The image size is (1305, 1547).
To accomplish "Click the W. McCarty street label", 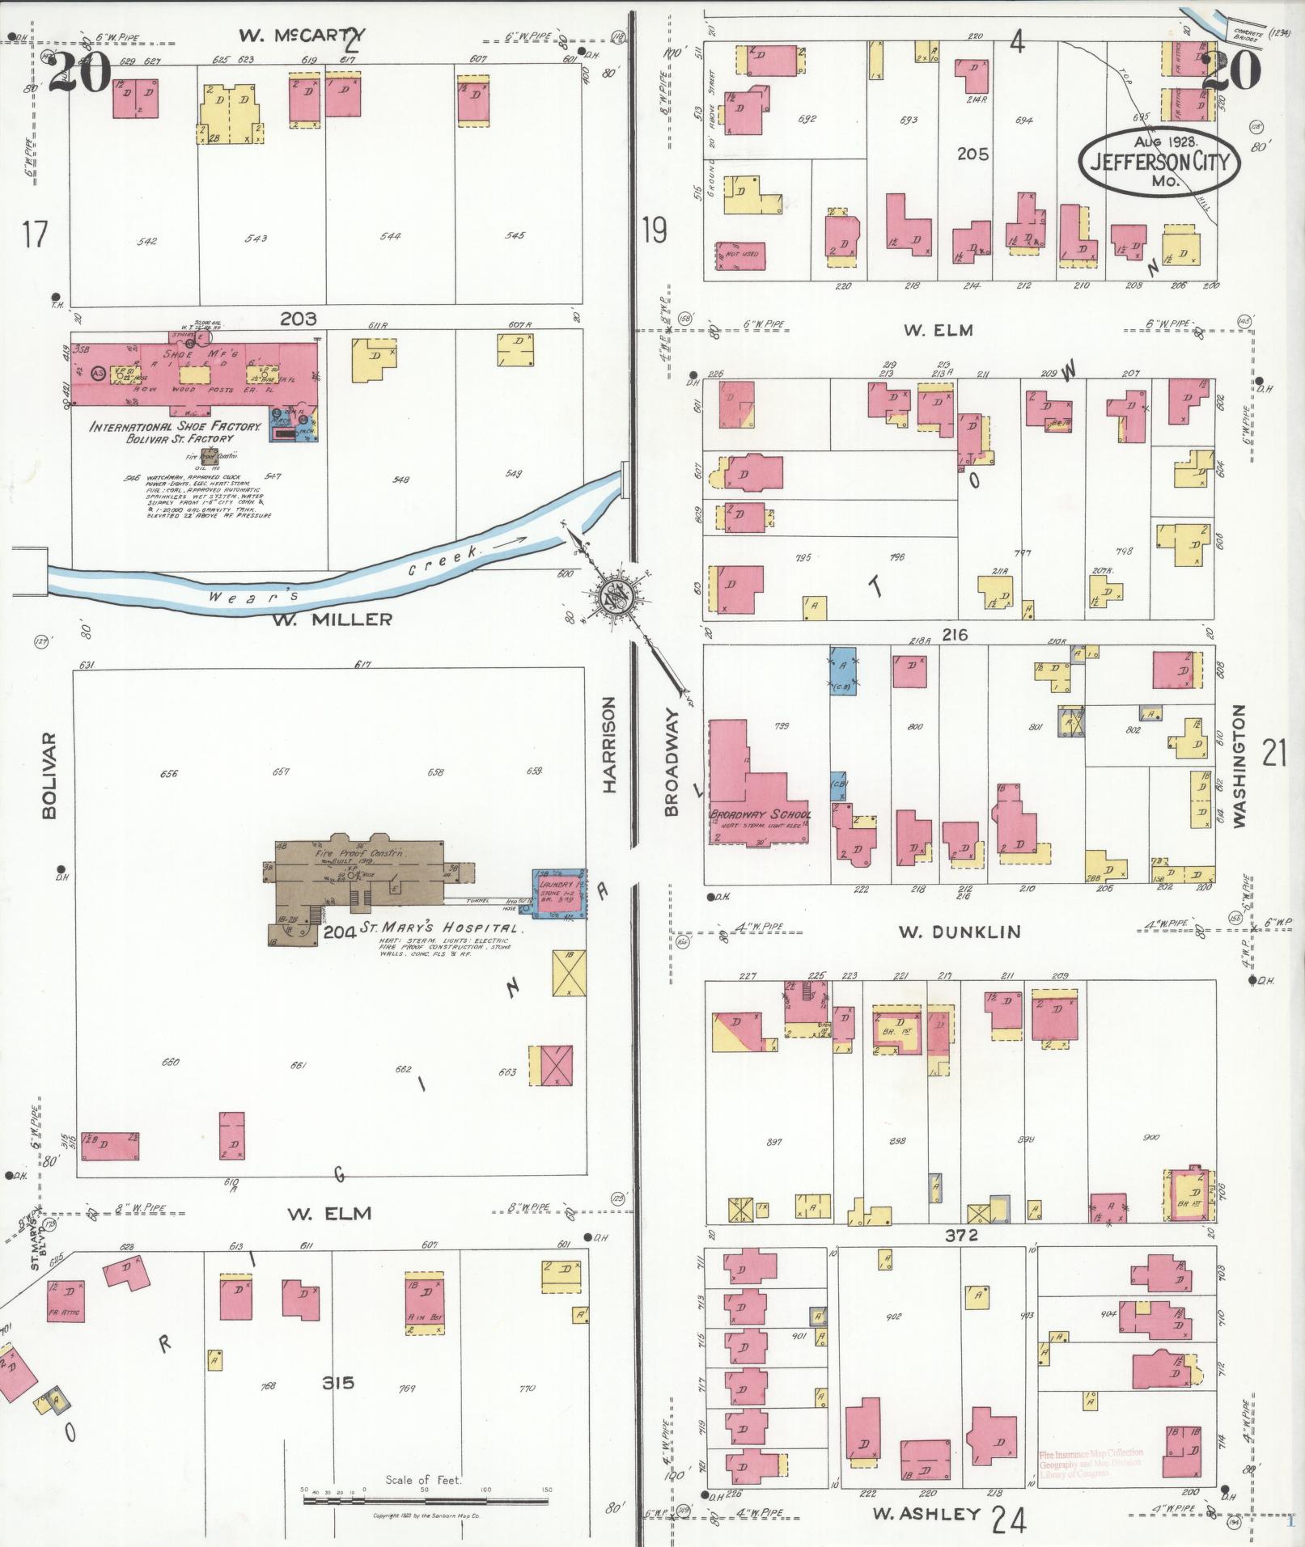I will click(302, 36).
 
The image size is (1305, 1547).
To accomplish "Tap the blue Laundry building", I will click(557, 894).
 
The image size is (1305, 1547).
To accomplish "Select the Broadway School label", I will click(760, 814).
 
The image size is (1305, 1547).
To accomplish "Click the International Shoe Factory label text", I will click(175, 427).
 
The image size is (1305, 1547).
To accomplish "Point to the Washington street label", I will click(1238, 765).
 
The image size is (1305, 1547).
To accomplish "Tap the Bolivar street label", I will click(49, 776).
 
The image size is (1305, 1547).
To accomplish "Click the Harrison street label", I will click(609, 745).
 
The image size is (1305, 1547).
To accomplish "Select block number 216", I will click(955, 635).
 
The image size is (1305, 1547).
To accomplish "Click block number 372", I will click(961, 1235).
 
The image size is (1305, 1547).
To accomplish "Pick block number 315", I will click(337, 1381).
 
